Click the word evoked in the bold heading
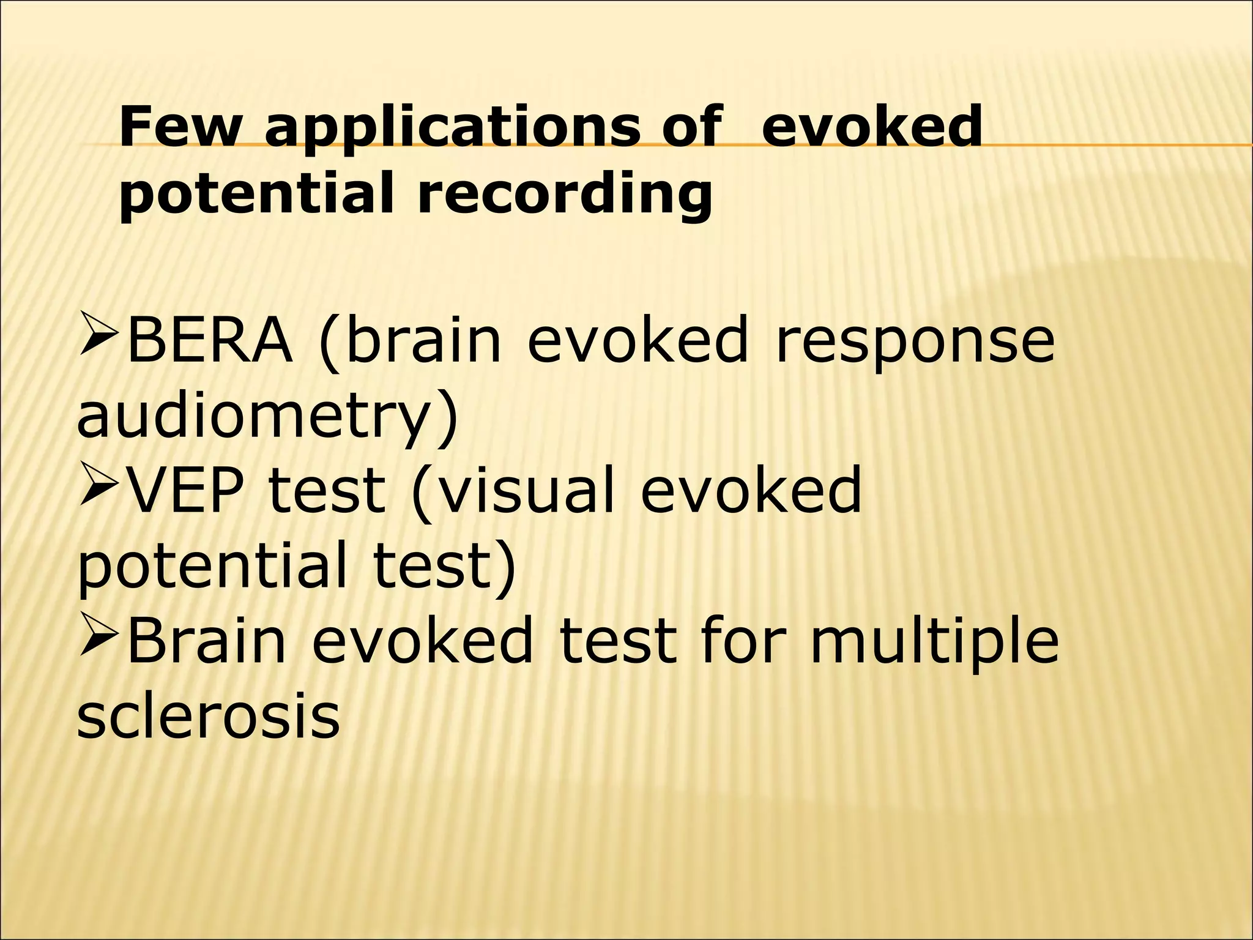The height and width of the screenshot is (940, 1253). [x=872, y=127]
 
